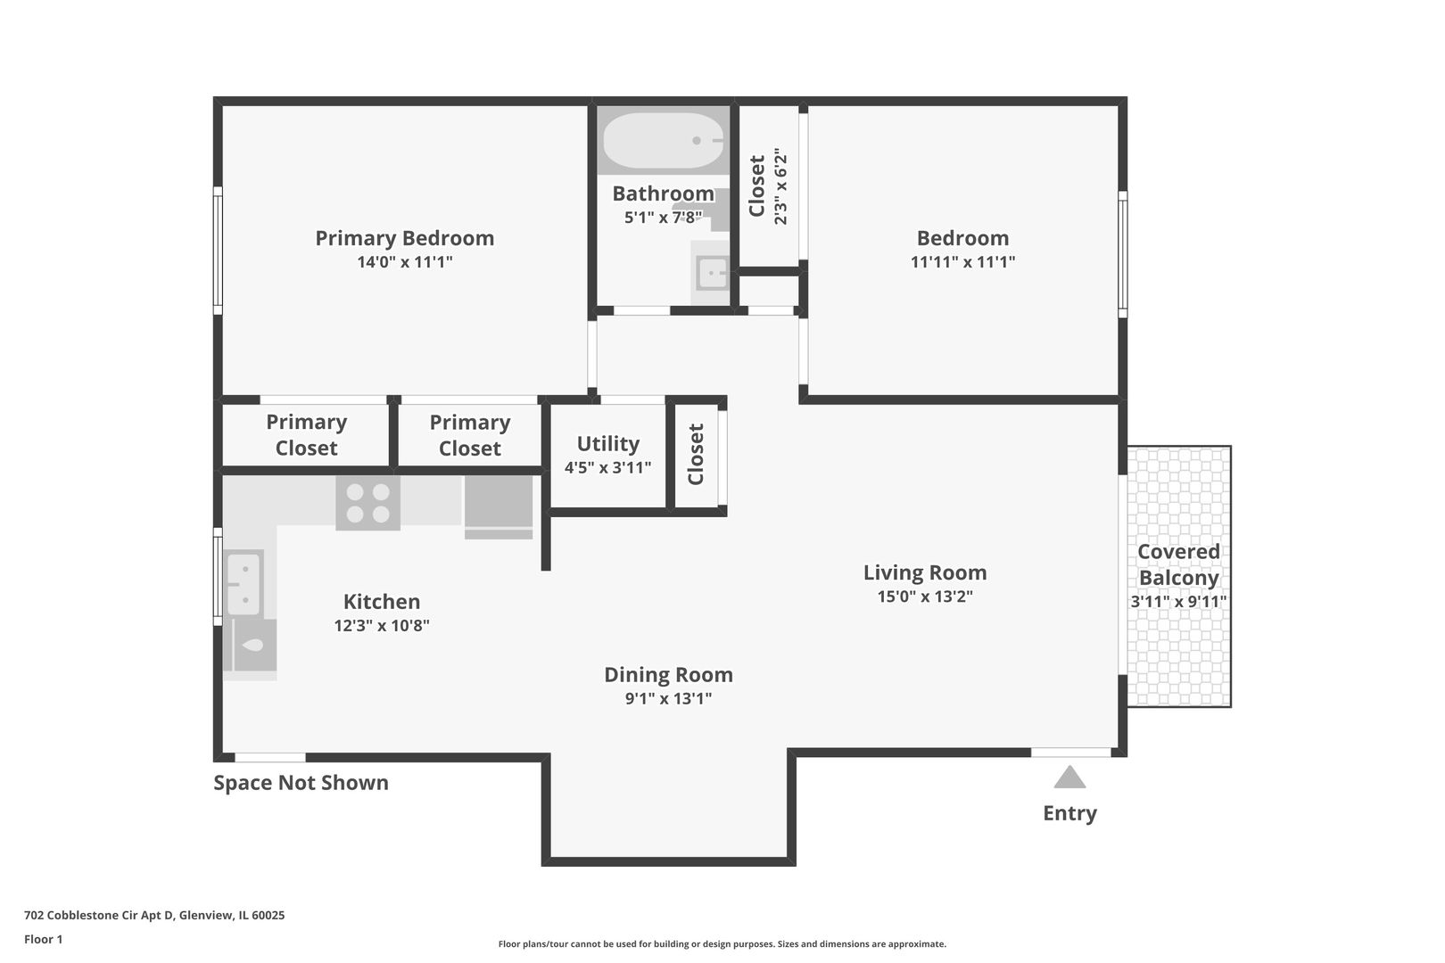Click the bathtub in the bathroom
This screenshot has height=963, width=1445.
[x=663, y=140]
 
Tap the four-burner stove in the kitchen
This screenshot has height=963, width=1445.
[x=367, y=503]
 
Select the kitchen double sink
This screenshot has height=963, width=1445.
[x=244, y=583]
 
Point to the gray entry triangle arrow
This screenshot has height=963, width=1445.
[x=1069, y=777]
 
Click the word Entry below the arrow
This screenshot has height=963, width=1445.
[x=1069, y=812]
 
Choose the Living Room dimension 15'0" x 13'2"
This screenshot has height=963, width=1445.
[x=924, y=596]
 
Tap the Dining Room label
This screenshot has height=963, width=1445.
[x=668, y=675]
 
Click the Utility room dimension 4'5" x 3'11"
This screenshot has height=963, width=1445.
[x=607, y=467]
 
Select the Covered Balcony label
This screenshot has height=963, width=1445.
[x=1178, y=564]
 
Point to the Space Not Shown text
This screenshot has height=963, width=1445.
[x=301, y=782]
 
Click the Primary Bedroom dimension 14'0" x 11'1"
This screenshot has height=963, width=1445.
[x=404, y=262]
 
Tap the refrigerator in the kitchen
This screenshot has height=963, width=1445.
[x=499, y=507]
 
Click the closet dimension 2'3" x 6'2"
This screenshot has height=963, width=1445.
[x=780, y=186]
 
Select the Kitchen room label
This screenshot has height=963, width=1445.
[x=382, y=601]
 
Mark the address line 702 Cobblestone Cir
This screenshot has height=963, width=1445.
[x=154, y=915]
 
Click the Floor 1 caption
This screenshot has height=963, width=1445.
[x=43, y=939]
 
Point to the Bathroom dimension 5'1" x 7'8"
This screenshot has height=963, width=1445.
[x=663, y=218]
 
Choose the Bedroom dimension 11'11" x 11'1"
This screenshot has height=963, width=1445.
[x=962, y=262]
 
